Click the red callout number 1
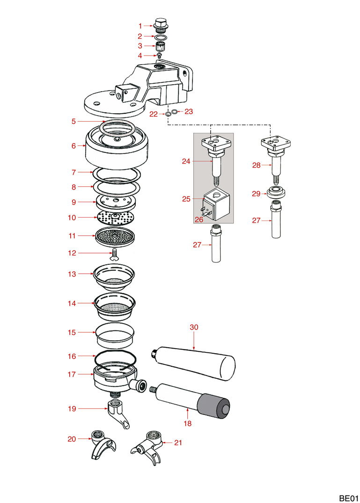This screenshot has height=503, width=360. coord(140,25)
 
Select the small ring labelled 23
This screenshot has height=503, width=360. coord(174,111)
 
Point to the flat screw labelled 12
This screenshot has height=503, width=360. coord(114,254)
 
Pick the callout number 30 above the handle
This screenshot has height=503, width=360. coord(194,328)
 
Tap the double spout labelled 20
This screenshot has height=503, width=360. coord(102,446)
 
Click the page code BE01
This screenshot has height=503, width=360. coord(348,495)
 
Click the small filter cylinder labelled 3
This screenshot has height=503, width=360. coord(161,46)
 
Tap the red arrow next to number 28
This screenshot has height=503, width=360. coord(267,165)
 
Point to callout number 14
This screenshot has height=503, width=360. coord(72,303)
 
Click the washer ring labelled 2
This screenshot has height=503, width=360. coord(161,36)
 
